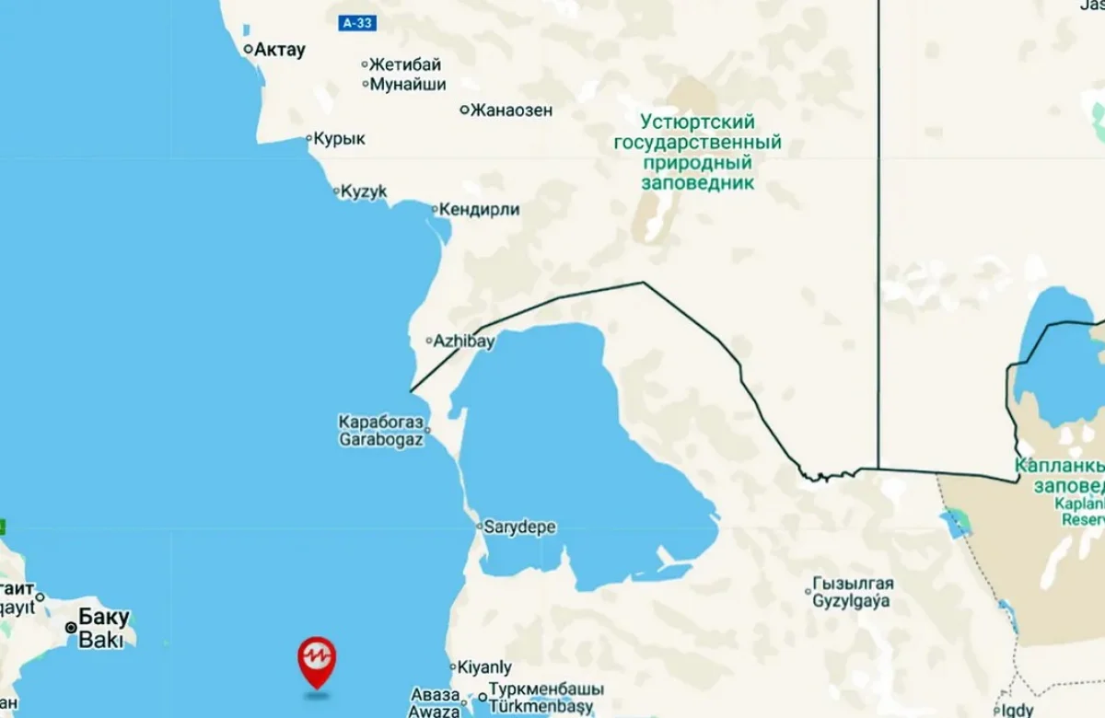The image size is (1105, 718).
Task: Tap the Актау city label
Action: (279, 50)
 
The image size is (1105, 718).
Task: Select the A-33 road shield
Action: (357, 23)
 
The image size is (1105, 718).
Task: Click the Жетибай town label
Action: (405, 64)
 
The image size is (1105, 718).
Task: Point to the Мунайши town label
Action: (408, 85)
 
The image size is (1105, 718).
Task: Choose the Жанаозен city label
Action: (511, 110)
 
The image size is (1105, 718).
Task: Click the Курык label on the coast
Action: (339, 139)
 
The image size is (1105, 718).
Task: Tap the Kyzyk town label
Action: (364, 191)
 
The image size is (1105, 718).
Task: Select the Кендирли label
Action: (479, 210)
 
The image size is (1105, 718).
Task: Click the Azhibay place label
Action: (463, 342)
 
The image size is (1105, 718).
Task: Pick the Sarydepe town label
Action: (521, 527)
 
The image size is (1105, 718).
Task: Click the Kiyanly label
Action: (485, 667)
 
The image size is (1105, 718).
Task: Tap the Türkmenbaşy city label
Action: (541, 708)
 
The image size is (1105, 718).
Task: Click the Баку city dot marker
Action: (71, 627)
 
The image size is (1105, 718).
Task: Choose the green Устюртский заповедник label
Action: (697, 152)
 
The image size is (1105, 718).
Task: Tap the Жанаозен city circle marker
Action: (465, 110)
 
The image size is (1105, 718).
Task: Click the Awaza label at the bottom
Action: (435, 711)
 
